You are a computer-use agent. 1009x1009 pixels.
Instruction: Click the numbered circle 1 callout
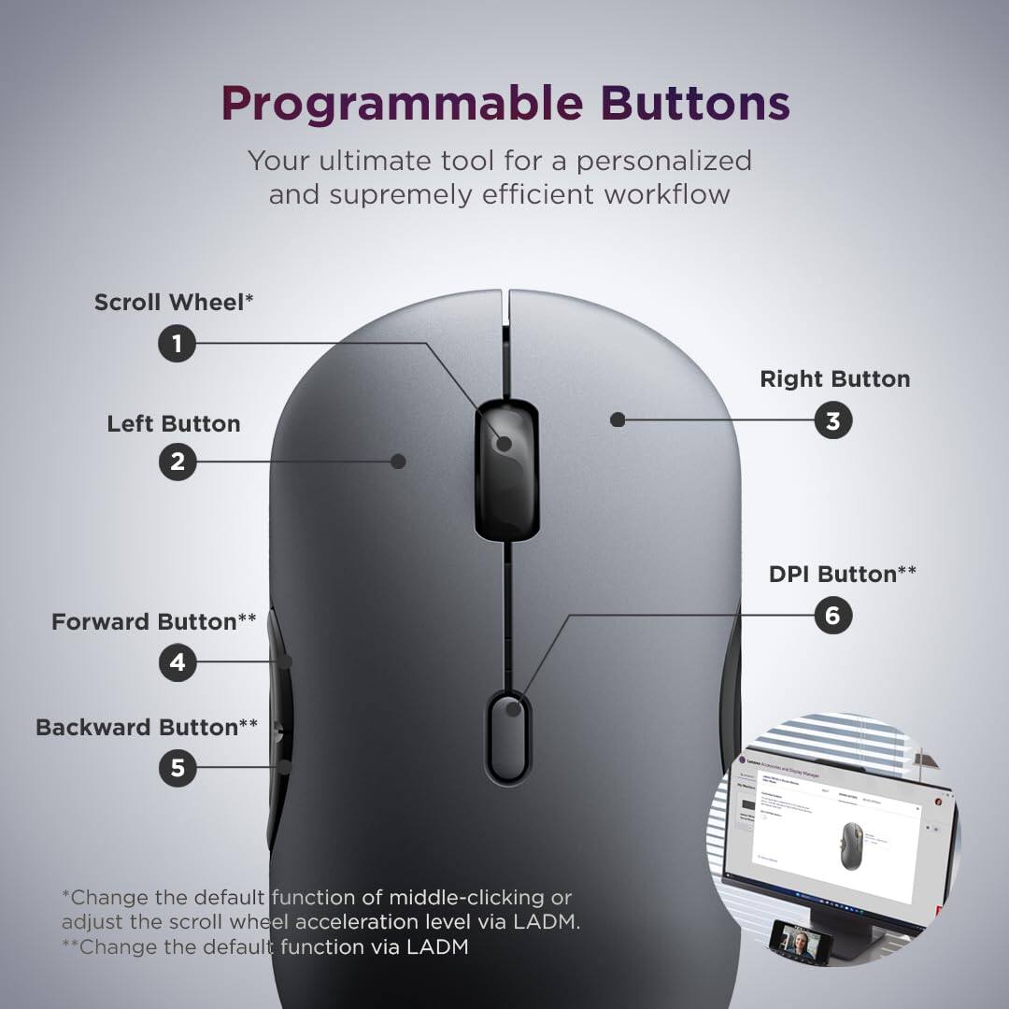pos(177,344)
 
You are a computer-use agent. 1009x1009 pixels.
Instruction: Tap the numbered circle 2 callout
pos(177,461)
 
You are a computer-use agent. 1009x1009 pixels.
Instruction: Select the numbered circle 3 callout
pos(832,420)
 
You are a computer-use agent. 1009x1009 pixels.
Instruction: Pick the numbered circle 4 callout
pos(177,662)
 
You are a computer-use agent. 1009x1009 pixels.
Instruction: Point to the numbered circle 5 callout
pos(177,768)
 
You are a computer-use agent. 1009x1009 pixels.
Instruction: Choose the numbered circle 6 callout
pos(832,615)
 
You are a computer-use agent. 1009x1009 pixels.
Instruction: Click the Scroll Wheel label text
pos(174,302)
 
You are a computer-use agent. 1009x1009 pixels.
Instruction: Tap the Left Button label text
pos(174,423)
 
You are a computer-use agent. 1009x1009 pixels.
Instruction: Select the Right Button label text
pos(834,378)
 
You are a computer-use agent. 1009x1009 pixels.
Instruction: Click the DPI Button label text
pos(842,574)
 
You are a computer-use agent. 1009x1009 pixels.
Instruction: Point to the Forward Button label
pos(153,621)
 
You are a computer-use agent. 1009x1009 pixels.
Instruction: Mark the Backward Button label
pos(147,727)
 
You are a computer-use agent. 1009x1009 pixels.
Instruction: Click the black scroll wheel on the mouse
pos(504,472)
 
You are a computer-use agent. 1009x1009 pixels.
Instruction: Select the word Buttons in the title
pos(695,103)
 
